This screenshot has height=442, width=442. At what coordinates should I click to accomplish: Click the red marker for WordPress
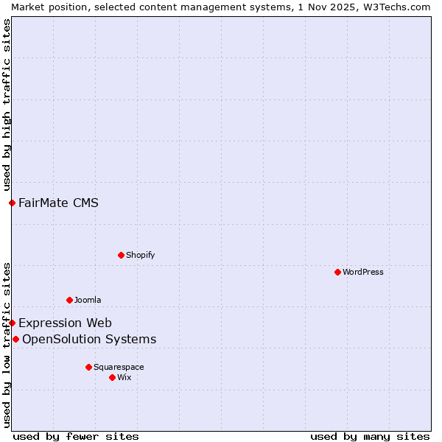tap(337, 272)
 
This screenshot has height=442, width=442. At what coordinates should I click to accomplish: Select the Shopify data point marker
tap(121, 255)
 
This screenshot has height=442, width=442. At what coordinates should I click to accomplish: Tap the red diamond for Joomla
tap(69, 300)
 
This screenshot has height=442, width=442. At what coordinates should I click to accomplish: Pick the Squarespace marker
tap(88, 367)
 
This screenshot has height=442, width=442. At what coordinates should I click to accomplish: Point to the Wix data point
tap(112, 377)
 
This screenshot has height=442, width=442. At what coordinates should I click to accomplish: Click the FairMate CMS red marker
tap(12, 203)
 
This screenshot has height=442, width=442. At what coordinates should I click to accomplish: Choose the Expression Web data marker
tap(12, 323)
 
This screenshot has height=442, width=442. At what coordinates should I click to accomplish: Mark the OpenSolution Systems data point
tap(15, 339)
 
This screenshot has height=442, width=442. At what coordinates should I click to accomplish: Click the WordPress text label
tap(363, 272)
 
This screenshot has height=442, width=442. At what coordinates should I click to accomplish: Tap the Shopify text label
tap(141, 255)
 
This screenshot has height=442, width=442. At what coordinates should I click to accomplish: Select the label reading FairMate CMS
tap(58, 203)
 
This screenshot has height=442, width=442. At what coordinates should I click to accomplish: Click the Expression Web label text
tap(65, 323)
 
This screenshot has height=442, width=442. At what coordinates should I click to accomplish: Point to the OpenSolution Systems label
tap(89, 339)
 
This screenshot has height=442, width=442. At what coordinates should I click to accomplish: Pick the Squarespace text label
tap(119, 367)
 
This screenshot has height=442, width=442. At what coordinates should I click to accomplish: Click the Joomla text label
tap(88, 300)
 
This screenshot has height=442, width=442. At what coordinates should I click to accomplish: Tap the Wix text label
tap(124, 377)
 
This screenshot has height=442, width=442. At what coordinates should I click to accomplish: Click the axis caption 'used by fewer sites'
tap(76, 436)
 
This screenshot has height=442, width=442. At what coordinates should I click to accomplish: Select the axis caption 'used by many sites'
tap(370, 436)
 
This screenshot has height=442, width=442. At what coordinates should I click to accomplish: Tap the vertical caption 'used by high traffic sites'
tap(7, 105)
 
